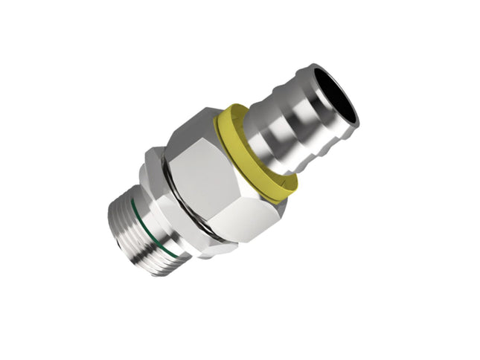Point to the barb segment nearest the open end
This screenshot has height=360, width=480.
tap(313, 112)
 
